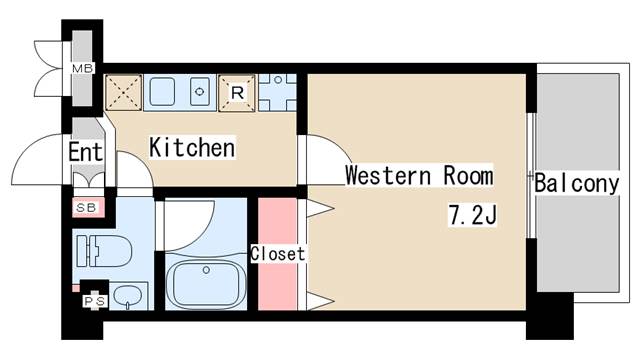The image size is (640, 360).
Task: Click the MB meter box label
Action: click(x=82, y=69)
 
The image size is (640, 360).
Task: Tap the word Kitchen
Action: click(x=192, y=147)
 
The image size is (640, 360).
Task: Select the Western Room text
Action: click(x=419, y=175)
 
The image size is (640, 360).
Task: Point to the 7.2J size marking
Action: click(x=473, y=215)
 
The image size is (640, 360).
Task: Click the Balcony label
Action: click(x=576, y=183)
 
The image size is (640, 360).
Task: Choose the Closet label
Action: click(x=278, y=253)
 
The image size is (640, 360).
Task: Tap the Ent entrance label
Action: click(x=85, y=152)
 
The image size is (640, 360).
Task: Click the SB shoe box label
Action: click(x=86, y=208)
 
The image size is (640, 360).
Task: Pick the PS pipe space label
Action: click(x=95, y=301)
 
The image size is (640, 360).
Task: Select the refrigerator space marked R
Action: click(x=237, y=93)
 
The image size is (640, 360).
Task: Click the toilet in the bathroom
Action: click(x=105, y=251)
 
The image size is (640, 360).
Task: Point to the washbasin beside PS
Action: click(x=127, y=296)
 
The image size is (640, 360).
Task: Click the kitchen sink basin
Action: click(x=162, y=91)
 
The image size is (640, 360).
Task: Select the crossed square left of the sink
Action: click(x=124, y=93)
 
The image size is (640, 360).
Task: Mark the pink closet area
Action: click(x=278, y=253)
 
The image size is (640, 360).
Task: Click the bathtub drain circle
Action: click(x=206, y=270)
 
